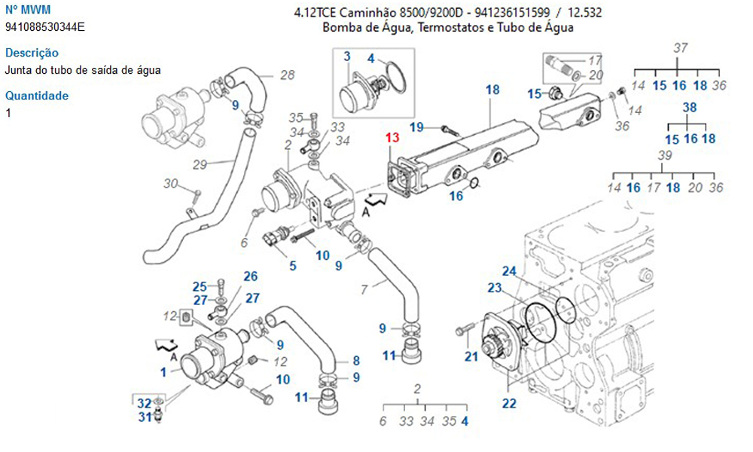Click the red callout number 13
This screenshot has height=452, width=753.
pyautogui.click(x=392, y=138)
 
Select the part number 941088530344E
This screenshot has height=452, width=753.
pyautogui.click(x=45, y=27)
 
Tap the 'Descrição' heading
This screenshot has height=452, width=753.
pyautogui.click(x=32, y=53)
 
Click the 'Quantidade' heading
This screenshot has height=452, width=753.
pyautogui.click(x=37, y=96)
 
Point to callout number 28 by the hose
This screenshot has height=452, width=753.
pyautogui.click(x=287, y=75)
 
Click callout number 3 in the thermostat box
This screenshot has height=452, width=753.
pyautogui.click(x=347, y=56)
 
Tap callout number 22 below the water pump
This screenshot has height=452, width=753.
pyautogui.click(x=510, y=404)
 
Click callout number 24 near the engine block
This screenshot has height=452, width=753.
pyautogui.click(x=510, y=271)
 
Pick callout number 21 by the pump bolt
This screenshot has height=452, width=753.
pyautogui.click(x=471, y=356)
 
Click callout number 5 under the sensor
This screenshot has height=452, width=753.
pyautogui.click(x=292, y=265)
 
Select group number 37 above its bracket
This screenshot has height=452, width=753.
pyautogui.click(x=681, y=48)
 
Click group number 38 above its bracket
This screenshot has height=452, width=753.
pyautogui.click(x=690, y=107)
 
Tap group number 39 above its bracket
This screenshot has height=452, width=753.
pyautogui.click(x=665, y=155)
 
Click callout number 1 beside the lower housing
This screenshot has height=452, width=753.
pyautogui.click(x=163, y=371)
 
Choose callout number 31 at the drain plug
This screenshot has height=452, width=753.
pyautogui.click(x=144, y=417)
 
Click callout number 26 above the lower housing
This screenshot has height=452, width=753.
pyautogui.click(x=251, y=276)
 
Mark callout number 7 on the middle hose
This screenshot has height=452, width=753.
pyautogui.click(x=364, y=289)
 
